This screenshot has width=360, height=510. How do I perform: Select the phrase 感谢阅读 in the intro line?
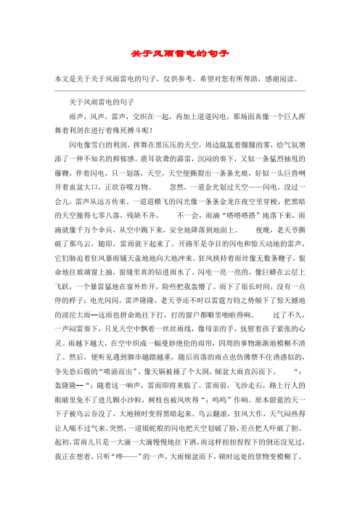298,78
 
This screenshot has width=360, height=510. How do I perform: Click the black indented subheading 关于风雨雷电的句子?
101,101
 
